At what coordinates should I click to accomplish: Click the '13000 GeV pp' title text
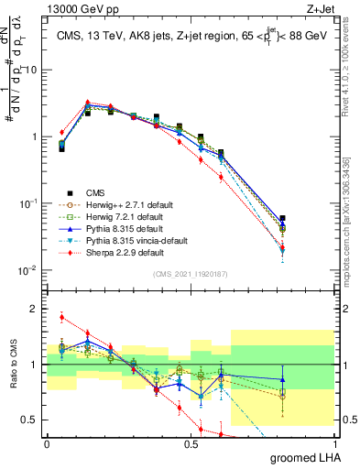pyautogui.click(x=77, y=9)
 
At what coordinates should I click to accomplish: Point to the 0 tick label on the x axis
pyautogui.click(x=47, y=444)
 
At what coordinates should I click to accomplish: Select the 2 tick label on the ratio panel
pyautogui.click(x=38, y=309)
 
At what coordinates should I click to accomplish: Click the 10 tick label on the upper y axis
pyautogui.click(x=33, y=70)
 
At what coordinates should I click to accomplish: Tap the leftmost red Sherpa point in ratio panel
pyautogui.click(x=61, y=318)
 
